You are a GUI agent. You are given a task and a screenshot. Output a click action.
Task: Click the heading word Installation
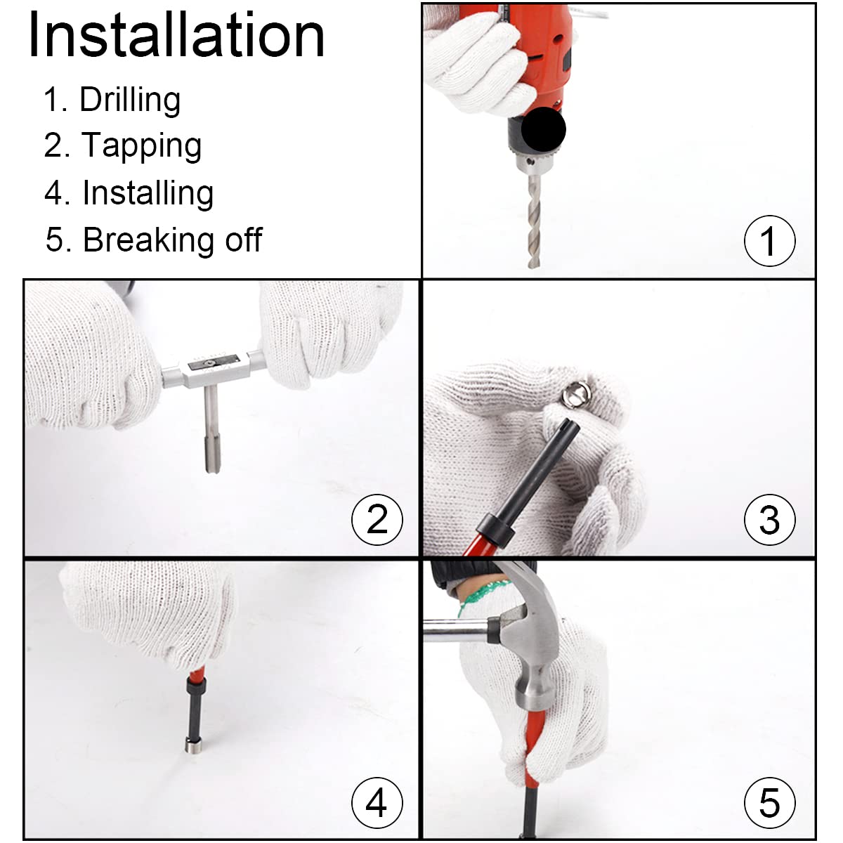(176, 35)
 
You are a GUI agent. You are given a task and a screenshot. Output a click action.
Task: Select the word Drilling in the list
(130, 100)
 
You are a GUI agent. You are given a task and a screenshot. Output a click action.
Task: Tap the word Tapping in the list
(142, 145)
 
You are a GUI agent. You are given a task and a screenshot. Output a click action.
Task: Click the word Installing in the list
(148, 193)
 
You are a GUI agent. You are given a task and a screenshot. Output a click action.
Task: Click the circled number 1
(769, 241)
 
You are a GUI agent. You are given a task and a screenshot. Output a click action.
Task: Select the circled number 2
(377, 519)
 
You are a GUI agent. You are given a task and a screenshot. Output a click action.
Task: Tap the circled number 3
(769, 519)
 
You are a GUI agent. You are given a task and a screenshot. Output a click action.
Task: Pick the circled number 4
(377, 802)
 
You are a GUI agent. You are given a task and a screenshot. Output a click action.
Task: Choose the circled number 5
(769, 802)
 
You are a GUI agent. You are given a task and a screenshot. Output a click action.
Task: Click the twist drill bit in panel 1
(534, 221)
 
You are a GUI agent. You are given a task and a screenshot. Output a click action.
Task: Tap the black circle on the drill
(544, 129)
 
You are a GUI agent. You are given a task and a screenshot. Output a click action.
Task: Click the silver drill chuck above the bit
(532, 164)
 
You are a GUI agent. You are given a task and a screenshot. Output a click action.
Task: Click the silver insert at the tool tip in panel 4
(193, 745)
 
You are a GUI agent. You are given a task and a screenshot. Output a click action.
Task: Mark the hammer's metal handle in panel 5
(456, 632)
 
